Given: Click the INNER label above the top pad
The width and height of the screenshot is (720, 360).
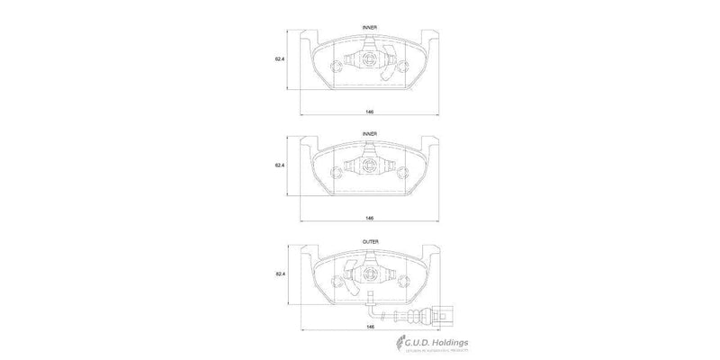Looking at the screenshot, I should point(370,28).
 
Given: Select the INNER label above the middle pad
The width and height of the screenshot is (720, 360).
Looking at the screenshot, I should point(370,133).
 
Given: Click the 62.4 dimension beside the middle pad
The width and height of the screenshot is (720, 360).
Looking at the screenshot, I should point(279,166).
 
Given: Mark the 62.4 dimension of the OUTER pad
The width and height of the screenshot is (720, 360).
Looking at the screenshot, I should point(279,273).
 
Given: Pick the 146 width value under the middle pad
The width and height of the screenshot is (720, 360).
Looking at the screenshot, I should point(370,219).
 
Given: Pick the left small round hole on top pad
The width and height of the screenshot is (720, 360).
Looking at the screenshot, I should point(337,65).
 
